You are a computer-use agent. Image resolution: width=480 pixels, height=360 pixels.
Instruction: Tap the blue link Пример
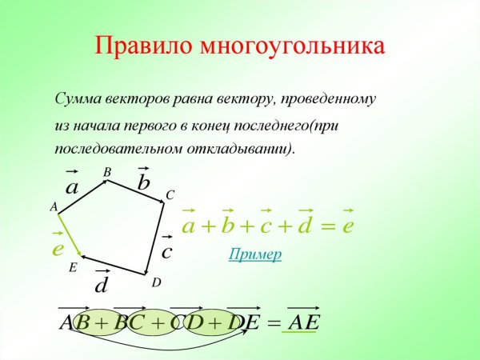coord(254,254)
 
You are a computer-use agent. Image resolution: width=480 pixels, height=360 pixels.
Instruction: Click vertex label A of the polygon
coord(54,207)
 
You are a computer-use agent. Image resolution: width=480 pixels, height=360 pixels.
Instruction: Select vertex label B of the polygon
coord(107,172)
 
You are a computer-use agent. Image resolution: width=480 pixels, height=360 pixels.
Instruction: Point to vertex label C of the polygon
coord(170,195)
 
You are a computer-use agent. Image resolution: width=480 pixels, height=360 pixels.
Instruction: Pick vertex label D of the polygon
coord(156,282)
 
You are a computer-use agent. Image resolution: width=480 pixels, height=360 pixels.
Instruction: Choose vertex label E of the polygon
coord(72,268)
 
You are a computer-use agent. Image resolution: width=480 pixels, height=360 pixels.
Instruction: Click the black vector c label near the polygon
coord(166,252)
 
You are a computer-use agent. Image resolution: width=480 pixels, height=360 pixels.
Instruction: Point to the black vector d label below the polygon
coord(102,285)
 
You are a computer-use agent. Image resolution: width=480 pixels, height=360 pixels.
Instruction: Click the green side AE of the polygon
coord(70,236)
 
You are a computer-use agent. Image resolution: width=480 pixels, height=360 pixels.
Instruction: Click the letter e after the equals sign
coord(347,226)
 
